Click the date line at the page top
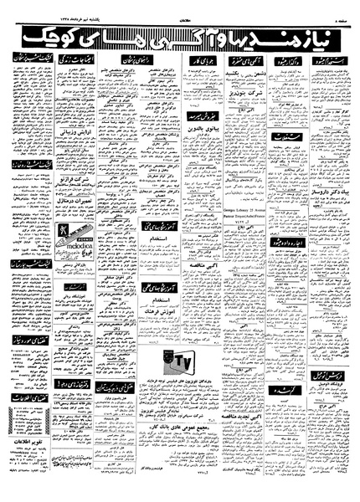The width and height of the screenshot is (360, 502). point(63,10)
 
